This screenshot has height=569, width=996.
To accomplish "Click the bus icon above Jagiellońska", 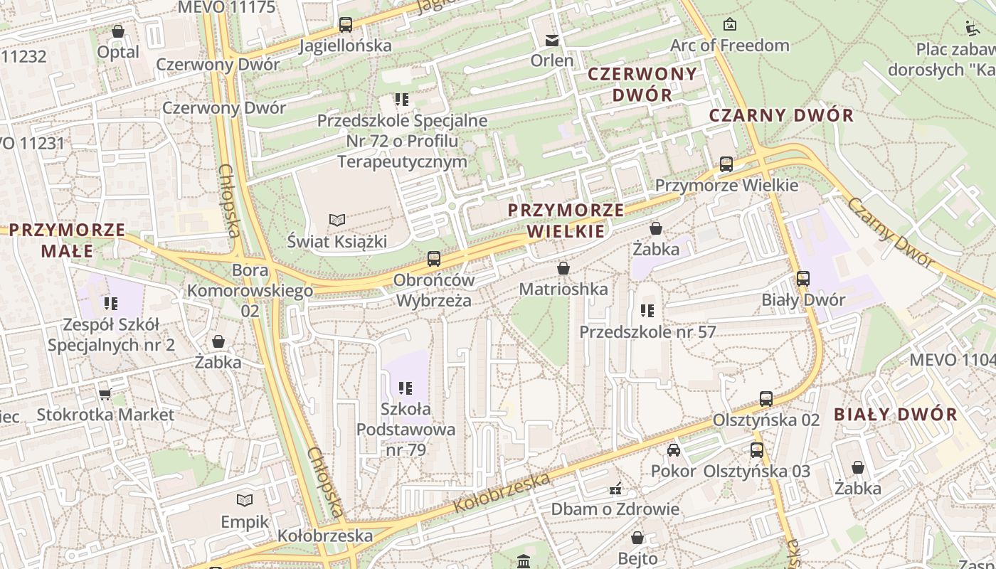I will (346, 25).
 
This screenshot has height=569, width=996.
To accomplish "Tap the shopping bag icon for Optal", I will (118, 31).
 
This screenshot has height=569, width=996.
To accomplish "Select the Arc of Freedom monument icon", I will (729, 25).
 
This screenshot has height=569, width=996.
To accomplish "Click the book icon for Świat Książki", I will (337, 220).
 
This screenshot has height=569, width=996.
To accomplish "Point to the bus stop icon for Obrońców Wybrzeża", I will (433, 259).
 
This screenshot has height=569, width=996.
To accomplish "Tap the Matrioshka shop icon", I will (563, 268).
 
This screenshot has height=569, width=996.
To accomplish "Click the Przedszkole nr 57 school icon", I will (647, 311).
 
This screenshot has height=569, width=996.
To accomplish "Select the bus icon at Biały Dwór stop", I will (803, 279).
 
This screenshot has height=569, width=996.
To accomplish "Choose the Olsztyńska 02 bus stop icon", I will (766, 399).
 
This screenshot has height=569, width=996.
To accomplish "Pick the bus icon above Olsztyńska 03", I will (757, 450).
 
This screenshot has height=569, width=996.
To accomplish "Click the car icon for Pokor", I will (673, 450).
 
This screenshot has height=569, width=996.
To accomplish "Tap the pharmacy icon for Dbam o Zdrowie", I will (615, 489).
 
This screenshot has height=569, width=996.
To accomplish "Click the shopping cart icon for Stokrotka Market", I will (105, 393).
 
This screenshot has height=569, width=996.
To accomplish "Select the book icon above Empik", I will (245, 501).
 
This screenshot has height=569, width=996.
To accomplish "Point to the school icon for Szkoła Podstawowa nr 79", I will (406, 388).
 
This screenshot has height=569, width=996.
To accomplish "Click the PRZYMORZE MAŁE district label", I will (68, 240).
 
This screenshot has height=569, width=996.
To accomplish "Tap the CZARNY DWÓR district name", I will (781, 115).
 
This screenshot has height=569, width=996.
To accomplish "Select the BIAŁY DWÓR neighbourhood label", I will (896, 414).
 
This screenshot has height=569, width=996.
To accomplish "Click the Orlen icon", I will (552, 40).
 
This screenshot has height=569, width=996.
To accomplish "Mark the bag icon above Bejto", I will (637, 538).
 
